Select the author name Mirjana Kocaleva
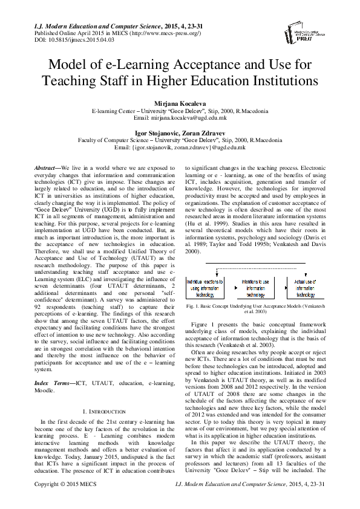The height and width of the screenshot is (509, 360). pos(180,105)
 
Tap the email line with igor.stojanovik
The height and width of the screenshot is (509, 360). pos(180,146)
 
